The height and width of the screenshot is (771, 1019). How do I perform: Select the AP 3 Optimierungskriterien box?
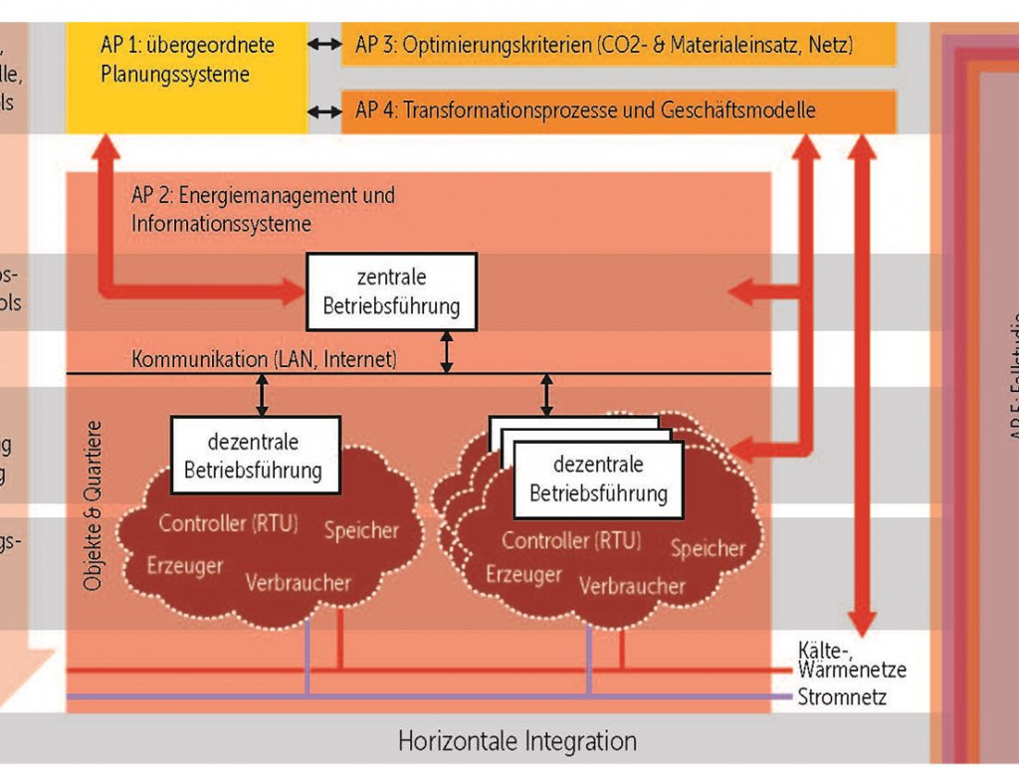(618, 45)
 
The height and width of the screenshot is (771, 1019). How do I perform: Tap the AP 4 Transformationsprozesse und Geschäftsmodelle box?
(618, 110)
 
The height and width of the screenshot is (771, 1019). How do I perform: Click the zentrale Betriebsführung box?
(391, 291)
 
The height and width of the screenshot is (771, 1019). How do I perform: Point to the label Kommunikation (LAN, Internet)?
(264, 359)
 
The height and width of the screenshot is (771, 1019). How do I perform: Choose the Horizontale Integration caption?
(516, 741)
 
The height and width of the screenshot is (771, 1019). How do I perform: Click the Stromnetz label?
(842, 697)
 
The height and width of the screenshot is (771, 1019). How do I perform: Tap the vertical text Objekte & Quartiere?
(94, 507)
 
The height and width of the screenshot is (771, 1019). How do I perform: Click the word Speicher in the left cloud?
(361, 530)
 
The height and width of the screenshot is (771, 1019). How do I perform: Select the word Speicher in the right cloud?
(708, 548)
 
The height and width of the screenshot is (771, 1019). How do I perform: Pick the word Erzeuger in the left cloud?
(185, 565)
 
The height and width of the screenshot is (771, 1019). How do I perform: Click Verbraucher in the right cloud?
(632, 586)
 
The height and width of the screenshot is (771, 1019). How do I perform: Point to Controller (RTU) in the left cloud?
(228, 523)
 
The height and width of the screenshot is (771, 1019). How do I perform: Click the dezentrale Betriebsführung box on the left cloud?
(256, 455)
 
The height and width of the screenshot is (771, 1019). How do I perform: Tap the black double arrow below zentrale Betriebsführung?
(447, 352)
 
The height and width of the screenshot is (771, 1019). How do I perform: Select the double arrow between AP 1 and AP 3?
(323, 45)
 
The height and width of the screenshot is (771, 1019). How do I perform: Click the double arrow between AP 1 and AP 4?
(323, 110)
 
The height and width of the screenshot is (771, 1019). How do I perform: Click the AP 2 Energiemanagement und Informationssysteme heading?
(263, 209)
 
